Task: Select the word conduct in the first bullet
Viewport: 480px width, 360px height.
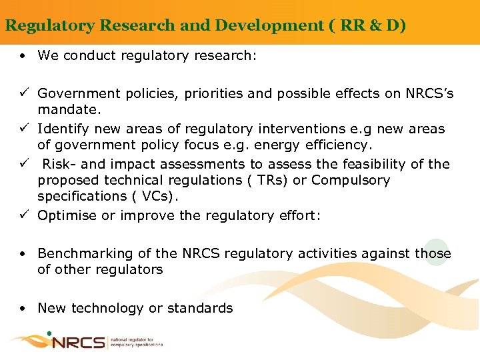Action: pyautogui.click(x=86, y=55)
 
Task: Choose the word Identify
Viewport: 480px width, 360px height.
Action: pyautogui.click(x=63, y=129)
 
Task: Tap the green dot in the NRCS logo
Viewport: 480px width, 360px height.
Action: pyautogui.click(x=49, y=333)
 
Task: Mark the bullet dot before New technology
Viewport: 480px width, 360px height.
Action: pyautogui.click(x=23, y=309)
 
